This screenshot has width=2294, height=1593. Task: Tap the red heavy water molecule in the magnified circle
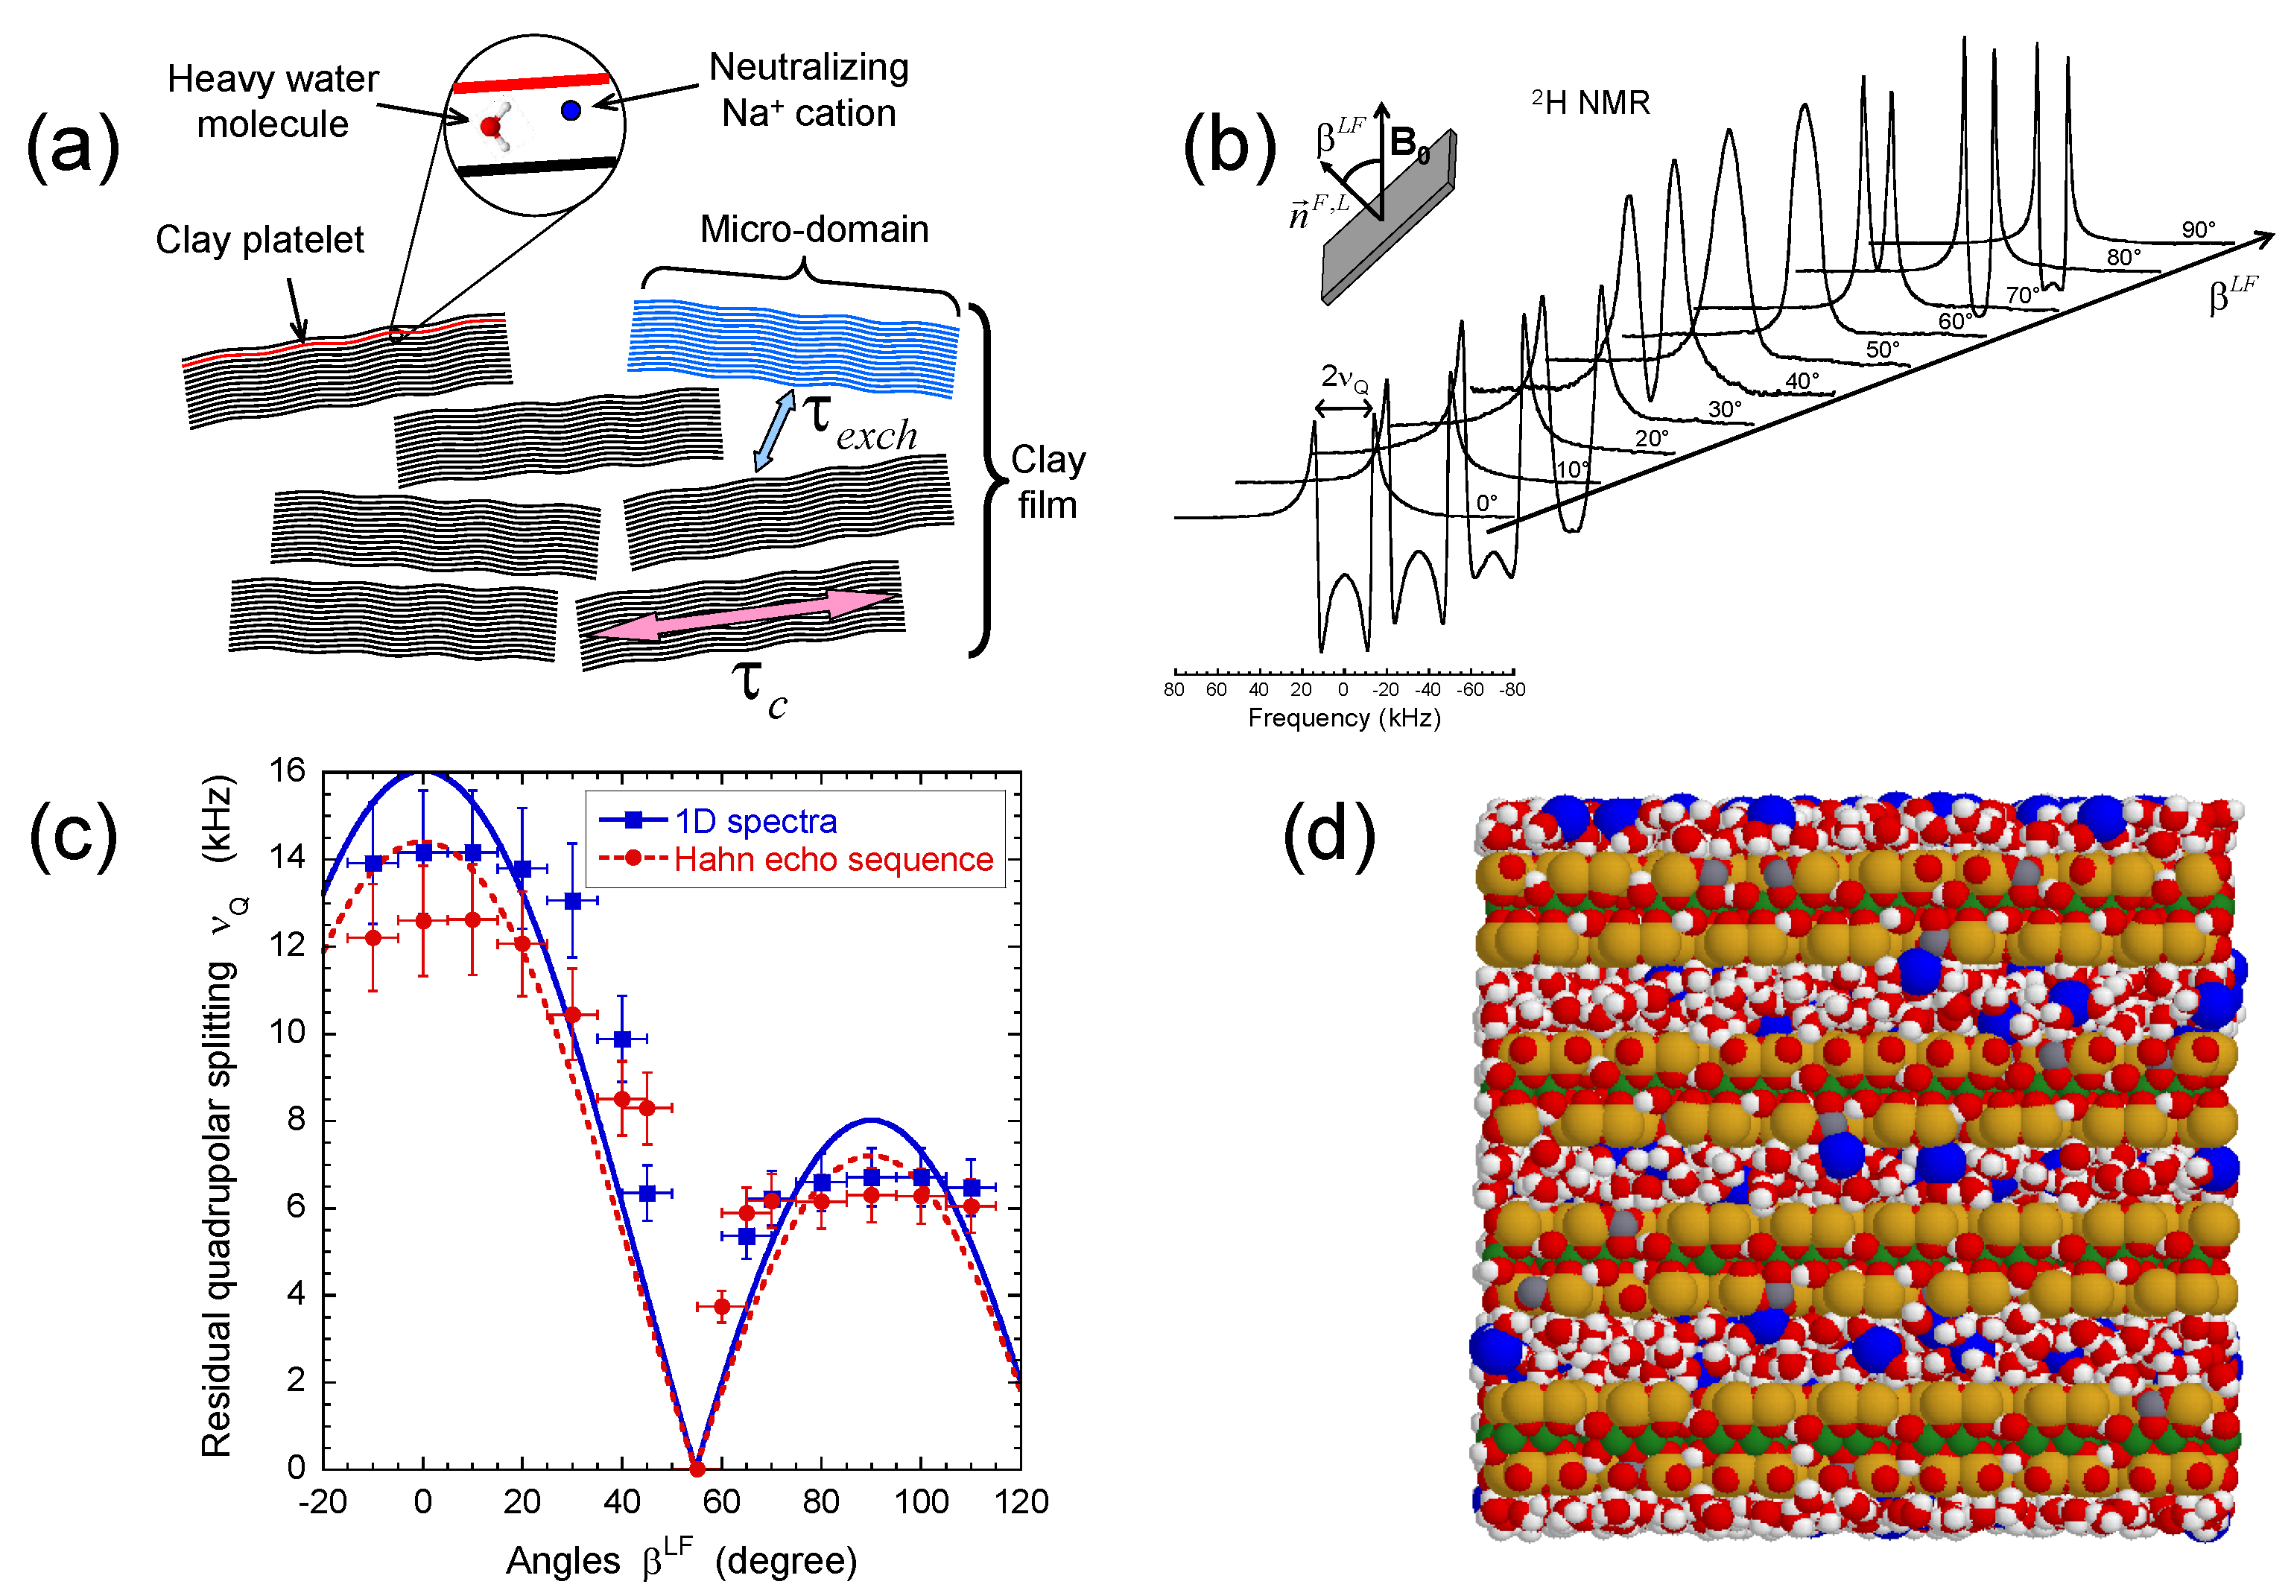(x=490, y=127)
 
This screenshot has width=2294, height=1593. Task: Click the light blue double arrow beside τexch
(x=774, y=430)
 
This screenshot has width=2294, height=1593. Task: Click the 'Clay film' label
(x=1047, y=482)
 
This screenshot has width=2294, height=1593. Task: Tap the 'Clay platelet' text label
(x=259, y=240)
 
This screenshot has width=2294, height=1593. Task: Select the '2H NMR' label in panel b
(x=1591, y=102)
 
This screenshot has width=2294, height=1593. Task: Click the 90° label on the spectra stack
(x=2198, y=229)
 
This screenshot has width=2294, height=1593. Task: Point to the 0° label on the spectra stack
(x=1487, y=503)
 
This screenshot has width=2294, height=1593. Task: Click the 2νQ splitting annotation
(x=1344, y=379)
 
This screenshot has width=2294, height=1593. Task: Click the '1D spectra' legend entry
(x=755, y=820)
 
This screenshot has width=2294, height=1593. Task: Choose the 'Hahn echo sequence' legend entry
(x=833, y=859)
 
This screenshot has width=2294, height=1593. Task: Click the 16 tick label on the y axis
(x=288, y=770)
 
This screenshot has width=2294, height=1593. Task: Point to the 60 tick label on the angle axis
(x=721, y=1501)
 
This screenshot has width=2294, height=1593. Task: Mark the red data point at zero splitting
(x=697, y=1469)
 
